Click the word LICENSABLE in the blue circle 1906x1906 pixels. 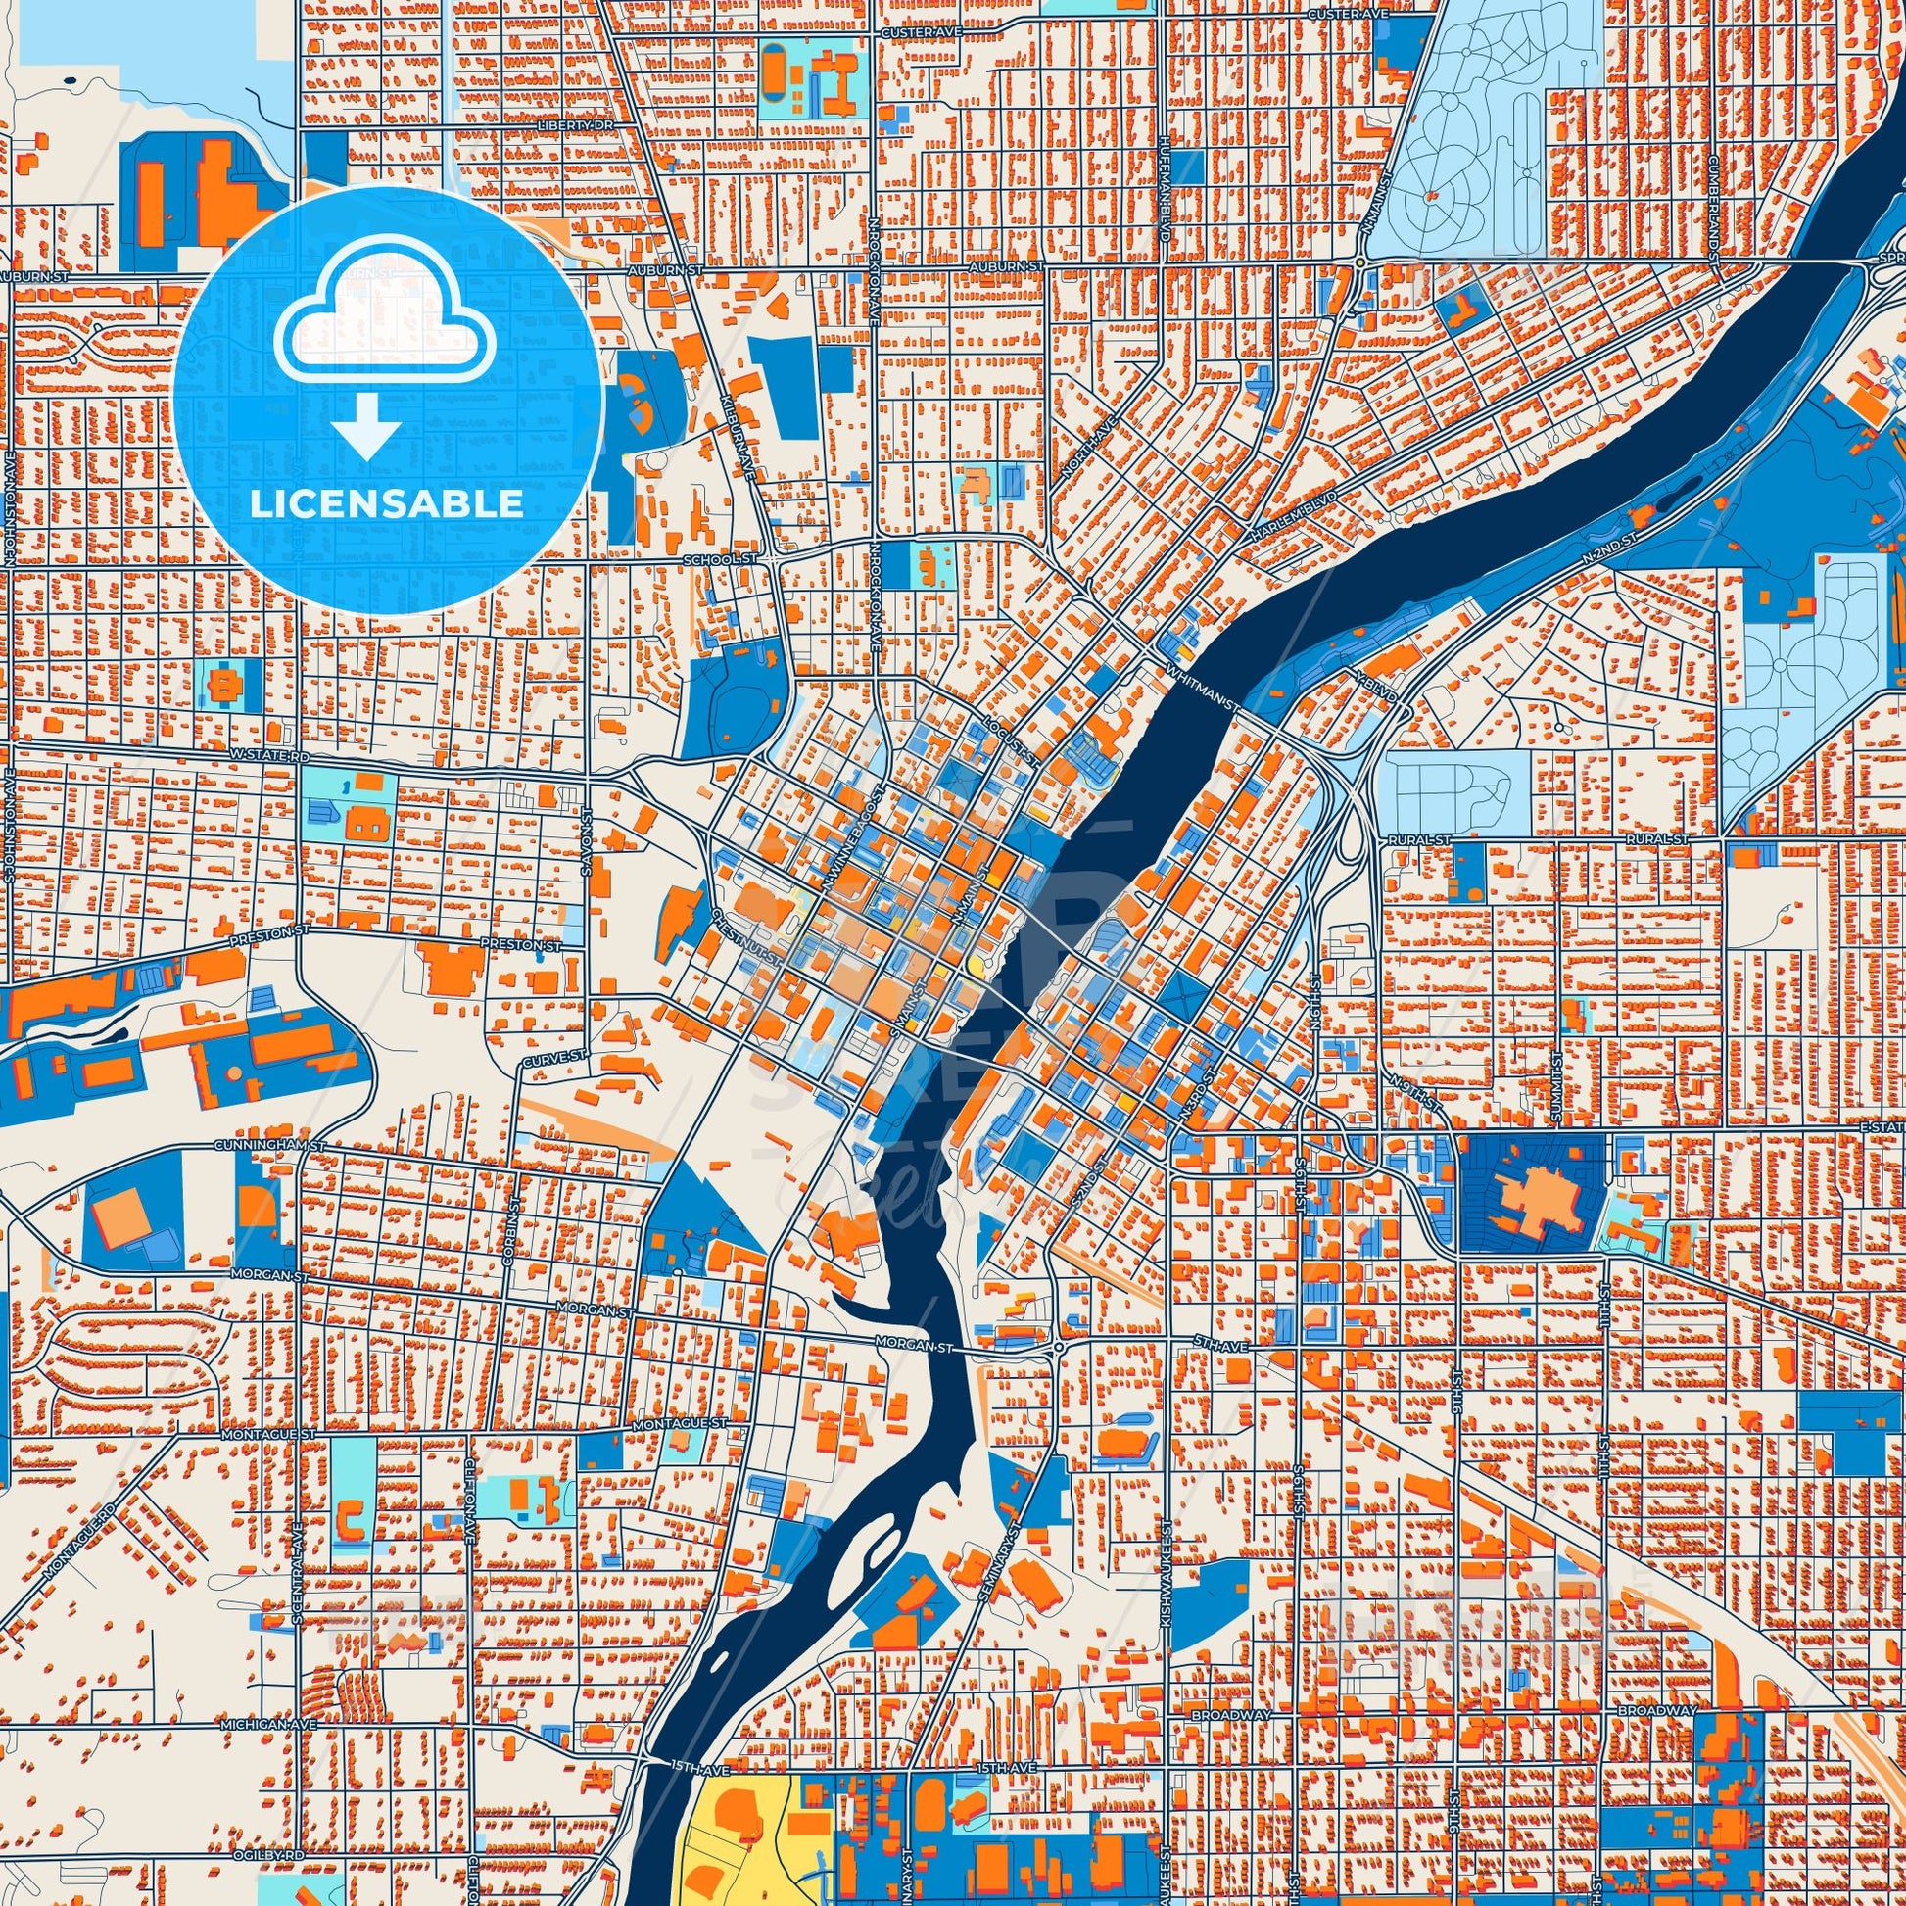(387, 504)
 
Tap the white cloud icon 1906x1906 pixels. (387, 324)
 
